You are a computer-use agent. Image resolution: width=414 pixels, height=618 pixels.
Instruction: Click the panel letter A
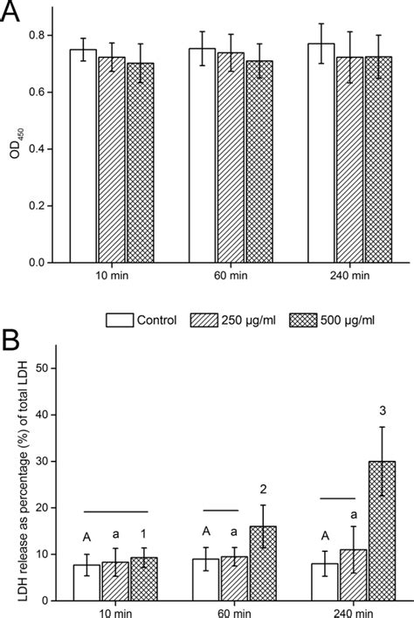[12, 15]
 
